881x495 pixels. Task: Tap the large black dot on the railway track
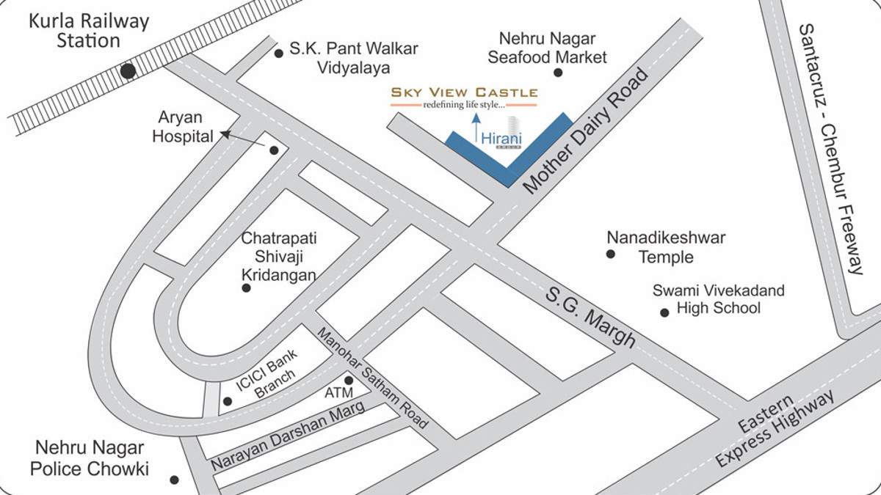pyautogui.click(x=128, y=71)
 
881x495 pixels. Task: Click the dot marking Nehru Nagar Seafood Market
pyautogui.click(x=558, y=73)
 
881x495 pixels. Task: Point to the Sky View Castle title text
pyautogui.click(x=464, y=92)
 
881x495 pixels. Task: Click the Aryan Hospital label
pyautogui.click(x=183, y=127)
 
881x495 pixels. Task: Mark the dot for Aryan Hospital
pyautogui.click(x=274, y=150)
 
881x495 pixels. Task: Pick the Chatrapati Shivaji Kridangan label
pyautogui.click(x=279, y=257)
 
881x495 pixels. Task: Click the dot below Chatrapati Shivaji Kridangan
pyautogui.click(x=246, y=288)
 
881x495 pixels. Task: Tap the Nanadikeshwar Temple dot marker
pyautogui.click(x=610, y=254)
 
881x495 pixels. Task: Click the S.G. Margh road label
pyautogui.click(x=590, y=317)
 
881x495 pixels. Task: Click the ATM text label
pyautogui.click(x=340, y=395)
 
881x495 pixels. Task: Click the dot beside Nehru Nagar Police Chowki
pyautogui.click(x=174, y=480)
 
